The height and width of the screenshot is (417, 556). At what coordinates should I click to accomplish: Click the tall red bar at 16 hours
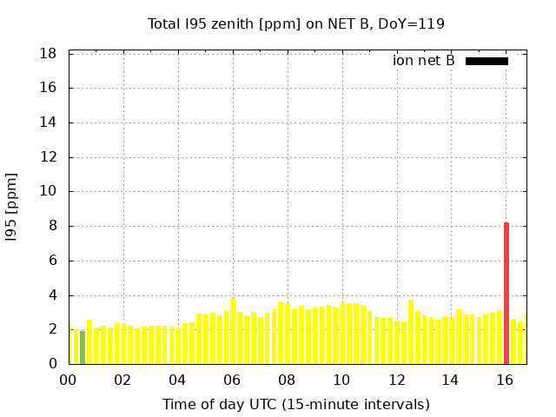(506, 294)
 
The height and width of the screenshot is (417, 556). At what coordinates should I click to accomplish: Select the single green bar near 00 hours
(83, 347)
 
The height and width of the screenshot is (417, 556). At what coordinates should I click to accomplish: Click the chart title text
(295, 24)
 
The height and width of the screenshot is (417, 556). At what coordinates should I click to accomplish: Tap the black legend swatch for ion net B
(486, 61)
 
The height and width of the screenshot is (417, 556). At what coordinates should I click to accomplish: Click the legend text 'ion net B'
(424, 61)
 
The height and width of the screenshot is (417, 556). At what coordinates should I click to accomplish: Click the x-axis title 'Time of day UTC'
(295, 404)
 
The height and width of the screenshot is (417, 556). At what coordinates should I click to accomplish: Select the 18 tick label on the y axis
(49, 54)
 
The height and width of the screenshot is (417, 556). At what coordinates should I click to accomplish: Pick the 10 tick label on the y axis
(49, 192)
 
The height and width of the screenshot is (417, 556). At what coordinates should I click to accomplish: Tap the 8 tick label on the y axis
(53, 226)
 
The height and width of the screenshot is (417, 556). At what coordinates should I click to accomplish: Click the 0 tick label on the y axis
(53, 364)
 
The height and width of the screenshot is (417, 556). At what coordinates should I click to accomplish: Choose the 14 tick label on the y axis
(49, 122)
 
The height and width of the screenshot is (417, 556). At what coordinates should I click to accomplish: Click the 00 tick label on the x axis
(69, 380)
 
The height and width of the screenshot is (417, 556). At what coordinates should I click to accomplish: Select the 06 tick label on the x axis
(232, 380)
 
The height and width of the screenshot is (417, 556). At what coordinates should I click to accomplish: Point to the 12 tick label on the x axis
(396, 380)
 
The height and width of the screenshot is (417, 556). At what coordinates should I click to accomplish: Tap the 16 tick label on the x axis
(506, 380)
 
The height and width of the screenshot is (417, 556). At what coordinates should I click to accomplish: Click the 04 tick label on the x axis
(177, 380)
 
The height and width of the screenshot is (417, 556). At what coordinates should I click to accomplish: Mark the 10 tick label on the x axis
(341, 380)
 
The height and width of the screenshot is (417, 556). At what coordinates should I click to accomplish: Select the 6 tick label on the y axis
(53, 261)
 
